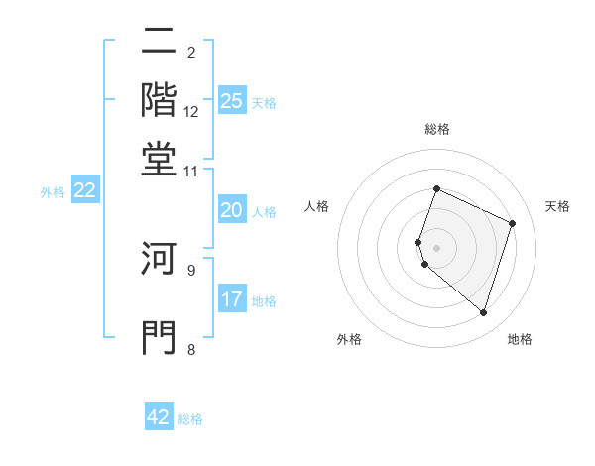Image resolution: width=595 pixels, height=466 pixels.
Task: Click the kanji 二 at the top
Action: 160,41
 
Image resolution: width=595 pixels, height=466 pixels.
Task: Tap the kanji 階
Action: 160,99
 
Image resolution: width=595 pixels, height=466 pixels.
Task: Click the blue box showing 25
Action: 232,100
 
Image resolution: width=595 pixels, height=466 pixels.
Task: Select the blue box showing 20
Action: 232,210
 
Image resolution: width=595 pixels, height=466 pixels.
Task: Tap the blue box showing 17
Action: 232,299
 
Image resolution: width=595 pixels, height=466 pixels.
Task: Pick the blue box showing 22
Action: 84,190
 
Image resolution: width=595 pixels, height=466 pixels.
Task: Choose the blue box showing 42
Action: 159,417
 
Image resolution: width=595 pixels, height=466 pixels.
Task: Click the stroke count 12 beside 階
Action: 191,111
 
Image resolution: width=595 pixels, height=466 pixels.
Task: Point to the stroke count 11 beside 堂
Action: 191,171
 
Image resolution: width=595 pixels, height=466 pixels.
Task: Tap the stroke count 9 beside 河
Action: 191,269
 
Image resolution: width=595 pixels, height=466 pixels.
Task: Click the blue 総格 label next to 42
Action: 190,419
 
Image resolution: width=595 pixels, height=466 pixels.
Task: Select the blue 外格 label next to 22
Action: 53,192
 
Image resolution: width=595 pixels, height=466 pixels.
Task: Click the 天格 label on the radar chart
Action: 557,206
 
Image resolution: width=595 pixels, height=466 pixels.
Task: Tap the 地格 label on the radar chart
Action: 520,339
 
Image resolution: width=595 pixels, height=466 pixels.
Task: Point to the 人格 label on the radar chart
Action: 317,206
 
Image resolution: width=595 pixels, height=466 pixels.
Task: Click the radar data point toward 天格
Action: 513,223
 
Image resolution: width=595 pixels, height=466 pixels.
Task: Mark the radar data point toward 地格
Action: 483,313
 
